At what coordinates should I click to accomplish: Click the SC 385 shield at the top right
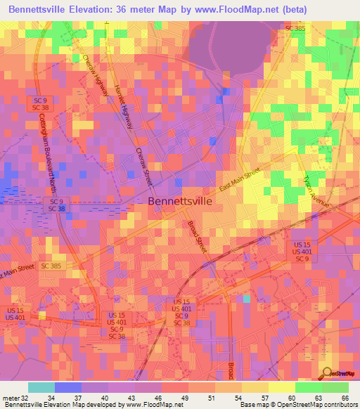[295, 28]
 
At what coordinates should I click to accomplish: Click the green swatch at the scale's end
[335, 387]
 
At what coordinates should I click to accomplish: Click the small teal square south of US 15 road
[246, 298]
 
